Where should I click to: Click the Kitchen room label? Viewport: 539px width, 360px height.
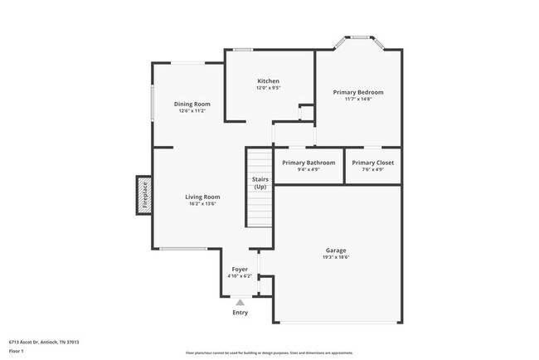click(268, 81)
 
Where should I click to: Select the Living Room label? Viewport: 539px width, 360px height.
click(202, 197)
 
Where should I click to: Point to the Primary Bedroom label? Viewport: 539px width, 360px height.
click(358, 92)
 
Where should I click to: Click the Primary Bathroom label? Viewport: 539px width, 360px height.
click(308, 163)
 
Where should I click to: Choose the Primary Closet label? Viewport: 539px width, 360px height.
click(373, 163)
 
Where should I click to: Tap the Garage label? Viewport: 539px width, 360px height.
click(336, 251)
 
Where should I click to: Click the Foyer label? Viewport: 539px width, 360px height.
click(240, 270)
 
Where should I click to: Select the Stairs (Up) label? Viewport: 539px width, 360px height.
click(260, 182)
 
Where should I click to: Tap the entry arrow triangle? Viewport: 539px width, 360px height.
click(240, 303)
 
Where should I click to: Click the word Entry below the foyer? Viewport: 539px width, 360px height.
click(240, 313)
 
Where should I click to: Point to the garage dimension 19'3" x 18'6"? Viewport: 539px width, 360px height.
click(336, 257)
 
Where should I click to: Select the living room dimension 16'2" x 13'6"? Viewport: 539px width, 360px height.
click(202, 204)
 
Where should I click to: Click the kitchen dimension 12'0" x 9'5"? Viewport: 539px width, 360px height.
click(268, 88)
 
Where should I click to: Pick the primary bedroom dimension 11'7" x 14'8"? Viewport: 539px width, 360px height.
click(358, 99)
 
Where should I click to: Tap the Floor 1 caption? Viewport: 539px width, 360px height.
click(17, 351)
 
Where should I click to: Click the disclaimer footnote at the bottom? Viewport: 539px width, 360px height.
click(269, 353)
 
